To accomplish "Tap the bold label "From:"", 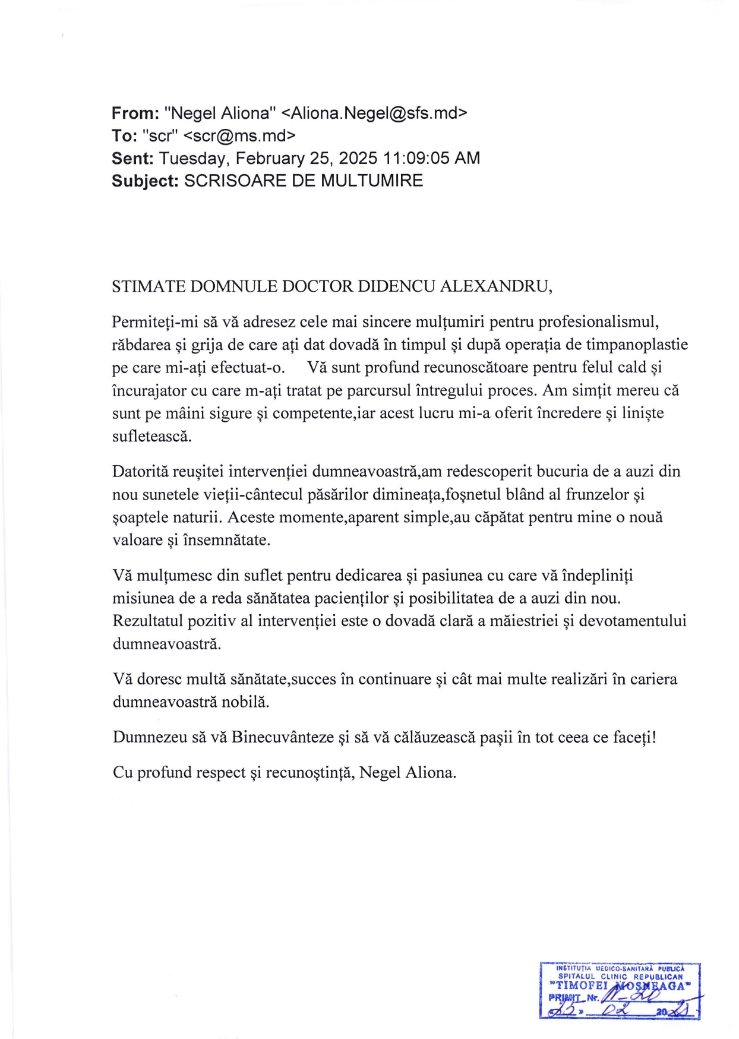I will click(x=135, y=113).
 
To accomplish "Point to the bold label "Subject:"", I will click(x=145, y=181).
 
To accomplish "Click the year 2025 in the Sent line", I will click(x=356, y=159).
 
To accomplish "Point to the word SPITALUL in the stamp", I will click(x=577, y=976).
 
